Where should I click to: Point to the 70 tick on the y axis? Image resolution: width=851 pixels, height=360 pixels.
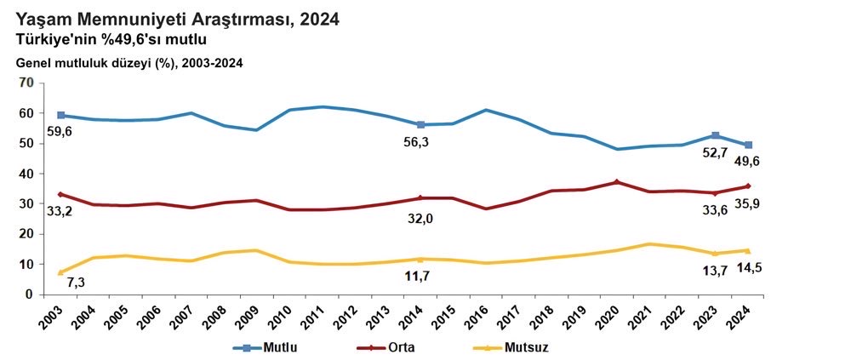coord(26,83)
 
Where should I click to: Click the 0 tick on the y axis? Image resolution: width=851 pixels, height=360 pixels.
coord(29,294)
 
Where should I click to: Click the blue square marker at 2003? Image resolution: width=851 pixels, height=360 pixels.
coord(61,115)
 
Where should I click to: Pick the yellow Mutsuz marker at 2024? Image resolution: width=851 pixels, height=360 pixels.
coord(747,250)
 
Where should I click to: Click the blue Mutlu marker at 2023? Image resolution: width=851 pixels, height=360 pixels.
coord(716,135)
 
